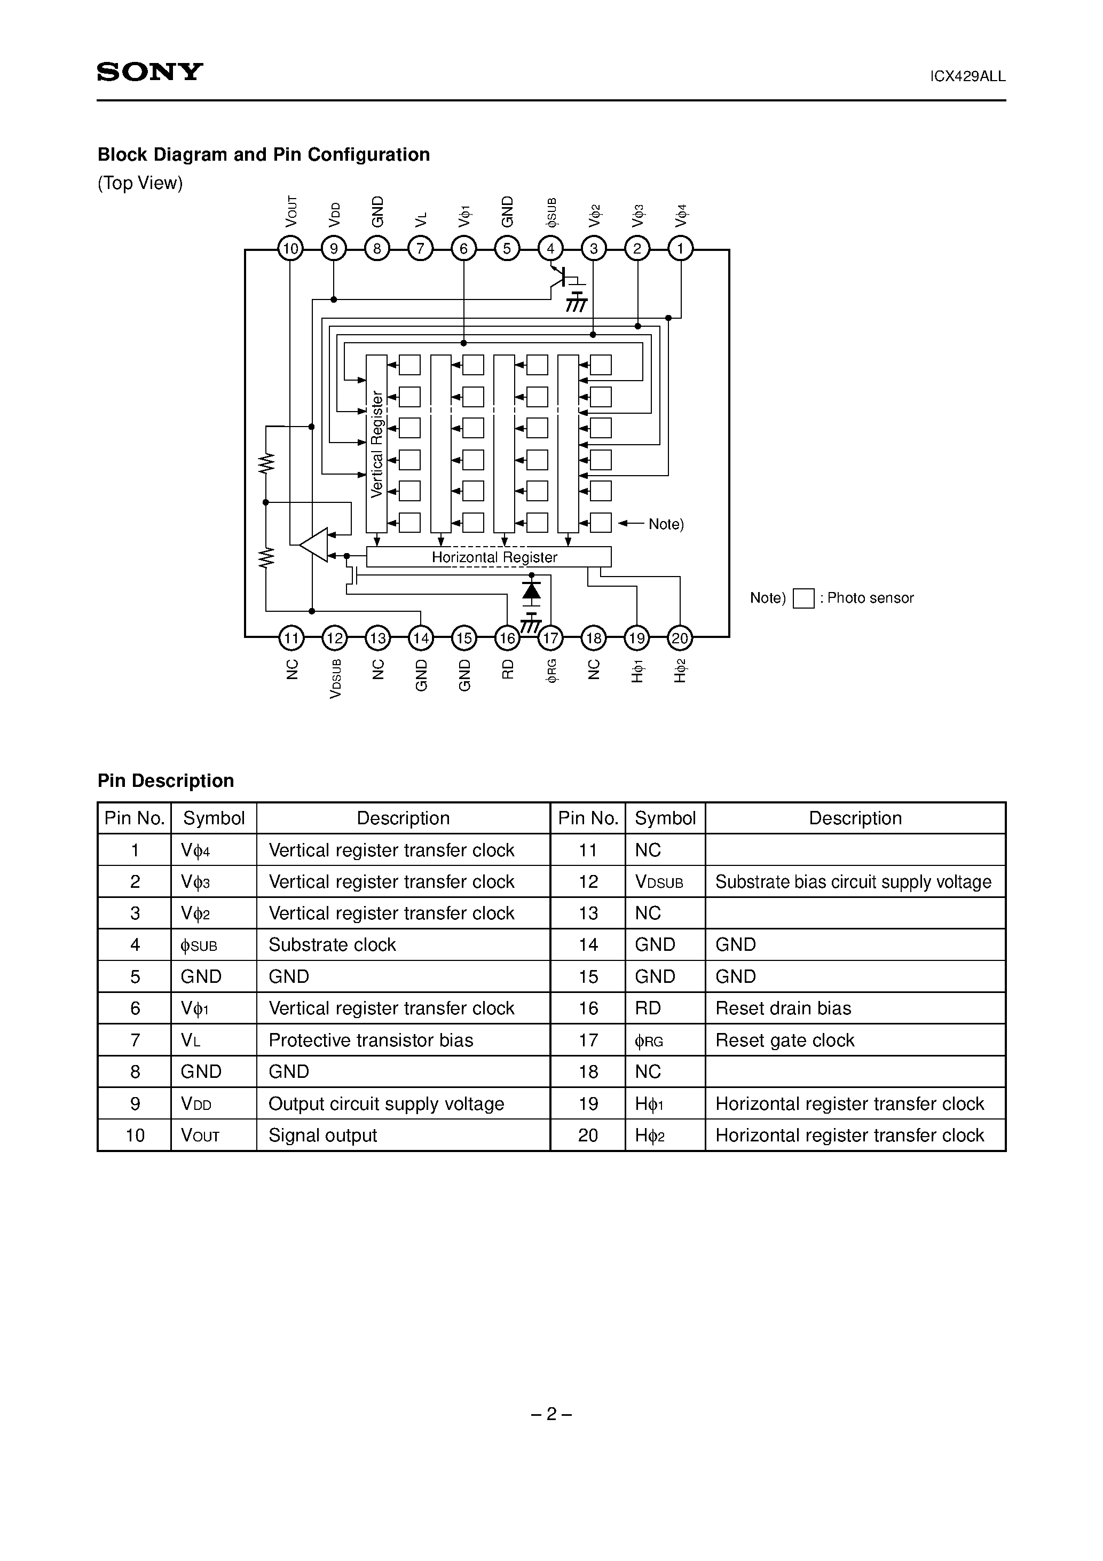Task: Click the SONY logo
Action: (x=149, y=72)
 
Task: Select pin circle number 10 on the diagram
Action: (x=290, y=249)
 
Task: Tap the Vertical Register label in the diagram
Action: (x=377, y=444)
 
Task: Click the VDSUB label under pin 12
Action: (x=335, y=679)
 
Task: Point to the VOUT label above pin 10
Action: (x=291, y=211)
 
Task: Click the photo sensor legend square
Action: (x=803, y=598)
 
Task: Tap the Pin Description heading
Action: (x=166, y=780)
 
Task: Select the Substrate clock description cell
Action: (x=332, y=944)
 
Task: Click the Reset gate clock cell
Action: (x=785, y=1039)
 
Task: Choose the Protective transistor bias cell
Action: (x=371, y=1039)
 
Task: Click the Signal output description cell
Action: (x=322, y=1135)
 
